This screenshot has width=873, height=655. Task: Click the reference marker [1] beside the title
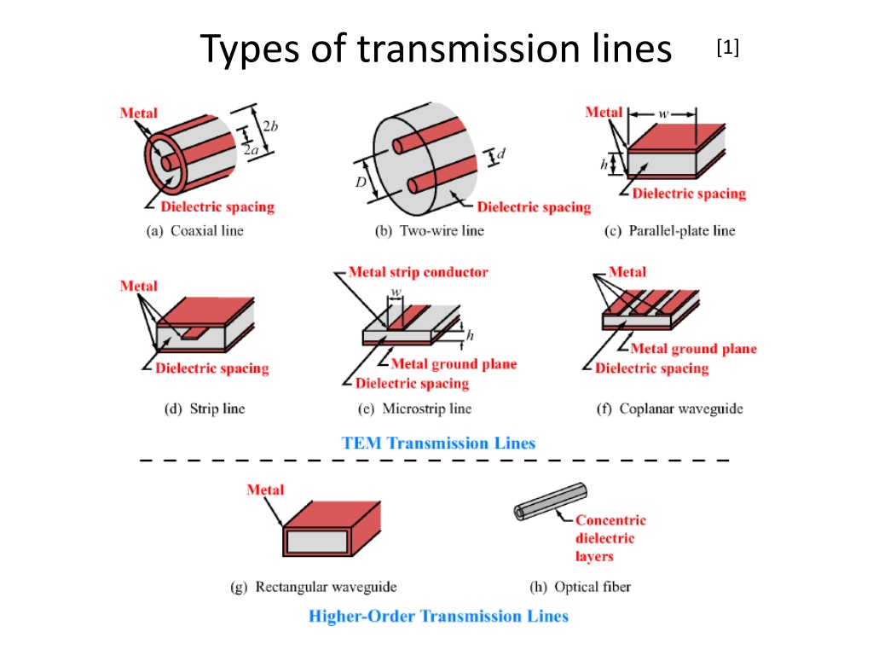pyautogui.click(x=728, y=49)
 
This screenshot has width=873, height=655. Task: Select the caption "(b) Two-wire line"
pyautogui.click(x=430, y=230)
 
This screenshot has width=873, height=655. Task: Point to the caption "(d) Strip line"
pyautogui.click(x=204, y=409)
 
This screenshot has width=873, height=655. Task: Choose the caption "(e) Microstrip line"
pyautogui.click(x=415, y=409)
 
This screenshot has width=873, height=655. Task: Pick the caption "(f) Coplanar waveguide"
pyautogui.click(x=669, y=409)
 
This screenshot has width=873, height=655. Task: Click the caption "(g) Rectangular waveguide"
pyautogui.click(x=315, y=587)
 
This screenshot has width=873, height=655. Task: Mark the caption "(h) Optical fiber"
pyautogui.click(x=580, y=587)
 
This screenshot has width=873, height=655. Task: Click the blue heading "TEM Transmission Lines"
pyautogui.click(x=438, y=443)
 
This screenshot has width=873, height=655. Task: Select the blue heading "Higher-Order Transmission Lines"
pyautogui.click(x=438, y=616)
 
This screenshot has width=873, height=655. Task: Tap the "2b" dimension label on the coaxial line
pyautogui.click(x=270, y=126)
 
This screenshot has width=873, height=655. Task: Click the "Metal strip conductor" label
pyautogui.click(x=419, y=272)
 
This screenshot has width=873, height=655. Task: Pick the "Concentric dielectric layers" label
pyautogui.click(x=610, y=538)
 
